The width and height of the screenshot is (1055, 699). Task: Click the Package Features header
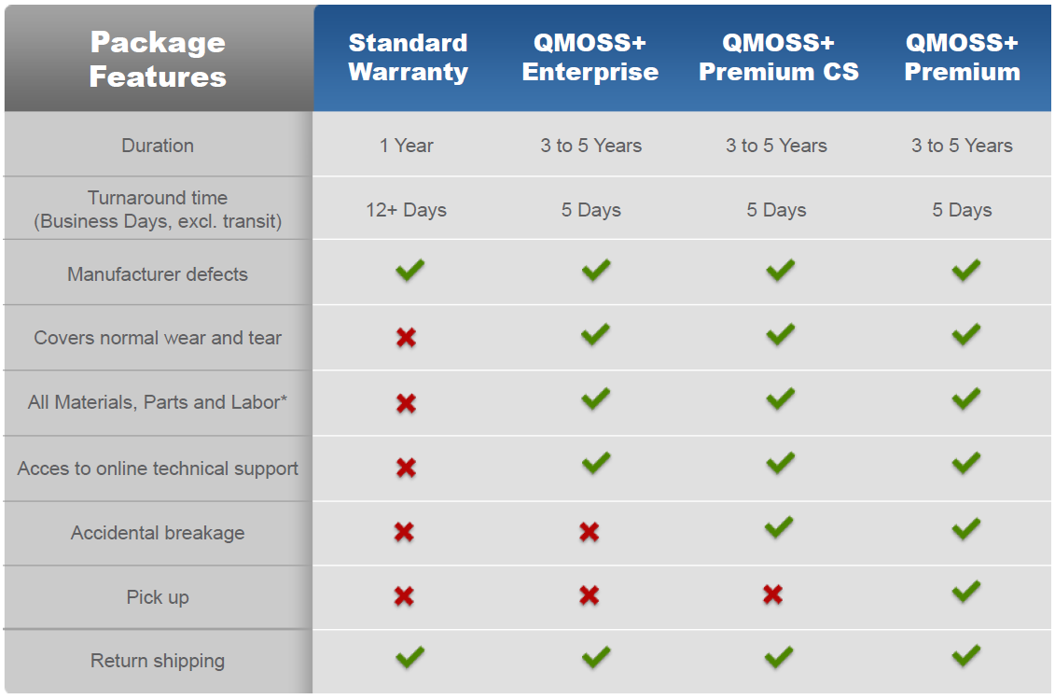(x=159, y=59)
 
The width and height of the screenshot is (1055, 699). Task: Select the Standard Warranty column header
(x=408, y=58)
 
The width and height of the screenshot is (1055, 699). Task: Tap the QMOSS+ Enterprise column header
(x=590, y=57)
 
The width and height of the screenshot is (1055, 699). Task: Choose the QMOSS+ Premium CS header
(x=779, y=57)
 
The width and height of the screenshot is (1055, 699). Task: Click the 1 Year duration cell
(x=407, y=146)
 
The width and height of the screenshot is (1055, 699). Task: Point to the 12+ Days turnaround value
(x=406, y=210)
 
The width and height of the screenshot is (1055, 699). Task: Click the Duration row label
(x=158, y=146)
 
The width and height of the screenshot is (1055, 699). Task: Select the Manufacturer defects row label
(x=158, y=274)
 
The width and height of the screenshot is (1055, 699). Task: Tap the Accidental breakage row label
(x=158, y=533)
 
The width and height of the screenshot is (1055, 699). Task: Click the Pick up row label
(x=158, y=597)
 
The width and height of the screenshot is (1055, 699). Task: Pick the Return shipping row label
(x=158, y=661)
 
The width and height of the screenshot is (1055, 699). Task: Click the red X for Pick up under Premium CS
(x=773, y=594)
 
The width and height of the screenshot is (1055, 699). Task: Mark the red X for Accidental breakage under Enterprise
(x=590, y=532)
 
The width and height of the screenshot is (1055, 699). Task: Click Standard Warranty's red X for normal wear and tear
(x=407, y=338)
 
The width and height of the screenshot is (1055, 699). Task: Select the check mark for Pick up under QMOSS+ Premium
(x=966, y=593)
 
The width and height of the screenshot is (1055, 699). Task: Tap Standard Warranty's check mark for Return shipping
(x=410, y=657)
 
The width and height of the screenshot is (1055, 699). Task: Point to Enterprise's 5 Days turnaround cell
(x=590, y=210)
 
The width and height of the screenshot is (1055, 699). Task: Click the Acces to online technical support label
(x=158, y=468)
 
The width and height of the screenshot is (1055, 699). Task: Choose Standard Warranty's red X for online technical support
(x=407, y=468)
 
